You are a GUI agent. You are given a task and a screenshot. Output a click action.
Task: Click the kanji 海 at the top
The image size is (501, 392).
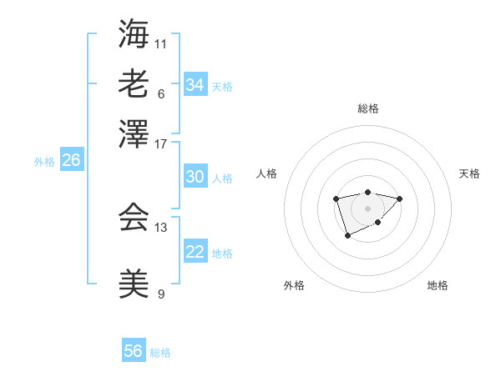[134, 34]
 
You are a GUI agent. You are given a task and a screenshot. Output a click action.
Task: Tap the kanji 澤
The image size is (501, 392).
[134, 133]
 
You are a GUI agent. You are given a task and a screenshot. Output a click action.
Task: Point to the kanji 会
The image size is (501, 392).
[134, 218]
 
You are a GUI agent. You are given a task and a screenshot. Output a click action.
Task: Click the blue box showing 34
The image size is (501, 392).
[195, 85]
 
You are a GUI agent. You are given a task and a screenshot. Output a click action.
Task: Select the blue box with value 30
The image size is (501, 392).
[195, 177]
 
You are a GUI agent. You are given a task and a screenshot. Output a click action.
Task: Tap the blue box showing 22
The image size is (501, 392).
[195, 252]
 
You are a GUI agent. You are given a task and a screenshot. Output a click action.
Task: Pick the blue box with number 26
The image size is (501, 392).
[71, 160]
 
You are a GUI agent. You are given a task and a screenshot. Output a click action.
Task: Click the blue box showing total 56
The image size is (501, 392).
[134, 351]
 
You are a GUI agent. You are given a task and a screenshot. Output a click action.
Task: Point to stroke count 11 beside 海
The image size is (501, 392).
[161, 43]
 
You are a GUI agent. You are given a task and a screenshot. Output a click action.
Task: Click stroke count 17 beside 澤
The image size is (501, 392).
[161, 143]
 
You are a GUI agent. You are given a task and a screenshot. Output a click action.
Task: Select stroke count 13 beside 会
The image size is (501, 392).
[161, 227]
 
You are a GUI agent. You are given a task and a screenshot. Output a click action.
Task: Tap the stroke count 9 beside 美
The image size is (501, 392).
[161, 294]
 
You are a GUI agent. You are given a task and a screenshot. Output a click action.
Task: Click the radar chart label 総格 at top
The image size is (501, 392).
[368, 108]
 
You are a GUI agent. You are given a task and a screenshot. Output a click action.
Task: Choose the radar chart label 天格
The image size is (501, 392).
[469, 173]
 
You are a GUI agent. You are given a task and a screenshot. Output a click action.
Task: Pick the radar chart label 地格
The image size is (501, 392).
[438, 286]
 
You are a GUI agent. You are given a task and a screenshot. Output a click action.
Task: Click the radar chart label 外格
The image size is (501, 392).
[294, 286]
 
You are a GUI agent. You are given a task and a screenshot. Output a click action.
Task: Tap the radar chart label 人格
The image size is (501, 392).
[267, 173]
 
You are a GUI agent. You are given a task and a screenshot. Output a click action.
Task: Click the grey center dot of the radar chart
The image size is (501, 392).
[367, 208]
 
